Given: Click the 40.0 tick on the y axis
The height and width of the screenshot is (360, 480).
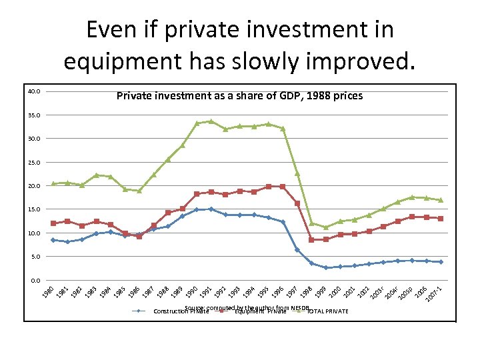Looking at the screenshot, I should [35, 91].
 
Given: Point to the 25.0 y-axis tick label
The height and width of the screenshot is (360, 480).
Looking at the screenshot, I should [35, 162].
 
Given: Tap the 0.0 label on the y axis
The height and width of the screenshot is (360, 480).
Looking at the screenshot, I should [36, 280].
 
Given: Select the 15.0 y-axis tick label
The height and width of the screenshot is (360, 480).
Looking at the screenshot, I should [35, 209].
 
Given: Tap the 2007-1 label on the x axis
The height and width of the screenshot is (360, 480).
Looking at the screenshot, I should [435, 292].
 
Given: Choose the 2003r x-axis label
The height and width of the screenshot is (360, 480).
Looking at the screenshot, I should [378, 292].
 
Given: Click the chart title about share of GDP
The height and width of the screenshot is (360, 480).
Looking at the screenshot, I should [239, 96].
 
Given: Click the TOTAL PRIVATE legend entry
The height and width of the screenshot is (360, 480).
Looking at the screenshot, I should [327, 311].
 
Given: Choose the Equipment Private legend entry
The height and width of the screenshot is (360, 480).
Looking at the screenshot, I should [260, 311].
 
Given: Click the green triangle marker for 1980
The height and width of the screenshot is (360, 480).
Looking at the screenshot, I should [53, 183].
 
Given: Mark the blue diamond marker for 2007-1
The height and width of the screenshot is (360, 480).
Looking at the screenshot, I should [441, 262].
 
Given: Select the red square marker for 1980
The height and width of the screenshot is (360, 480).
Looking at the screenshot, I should [53, 223].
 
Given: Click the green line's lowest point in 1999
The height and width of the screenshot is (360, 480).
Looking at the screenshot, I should [326, 227].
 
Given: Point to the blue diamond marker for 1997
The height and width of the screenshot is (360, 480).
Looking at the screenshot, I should [297, 250].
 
